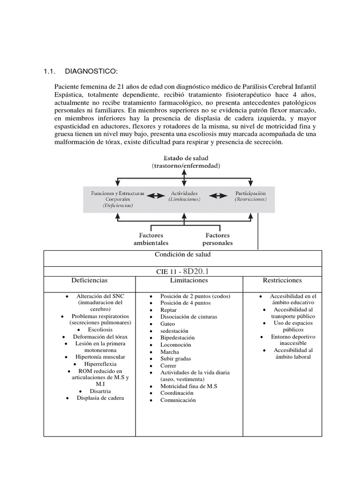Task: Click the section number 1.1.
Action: coord(50,71)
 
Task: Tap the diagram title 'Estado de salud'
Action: coord(185,158)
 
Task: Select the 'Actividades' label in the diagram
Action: coord(184,193)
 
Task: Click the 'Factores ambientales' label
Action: coord(151,239)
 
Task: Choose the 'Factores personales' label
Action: coord(217,239)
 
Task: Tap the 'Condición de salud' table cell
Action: coord(183,254)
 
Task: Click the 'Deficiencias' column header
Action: coord(89,280)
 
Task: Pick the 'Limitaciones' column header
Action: coord(189,280)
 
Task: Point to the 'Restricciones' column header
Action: coord(282,280)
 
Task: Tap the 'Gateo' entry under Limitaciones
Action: coord(167,323)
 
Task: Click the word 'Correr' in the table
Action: coord(169,365)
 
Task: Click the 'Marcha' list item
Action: coord(169,352)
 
